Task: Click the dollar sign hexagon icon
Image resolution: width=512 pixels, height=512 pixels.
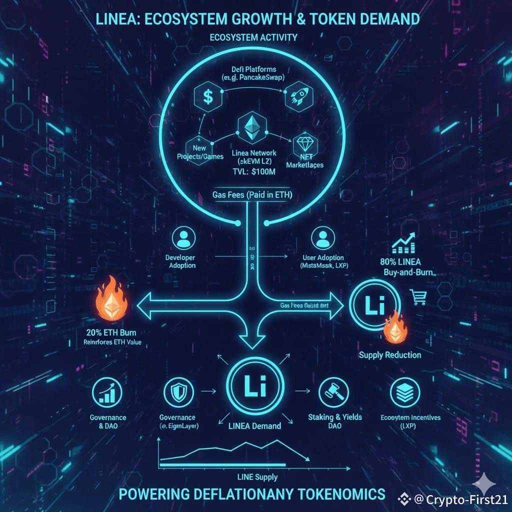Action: pos(208,96)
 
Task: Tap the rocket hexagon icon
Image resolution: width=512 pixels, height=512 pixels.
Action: pos(298,97)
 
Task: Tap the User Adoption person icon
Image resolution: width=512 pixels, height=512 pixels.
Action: pos(321,237)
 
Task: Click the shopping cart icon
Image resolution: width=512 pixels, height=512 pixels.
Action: pos(418,298)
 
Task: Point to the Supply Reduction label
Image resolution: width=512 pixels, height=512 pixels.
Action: pos(390,355)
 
